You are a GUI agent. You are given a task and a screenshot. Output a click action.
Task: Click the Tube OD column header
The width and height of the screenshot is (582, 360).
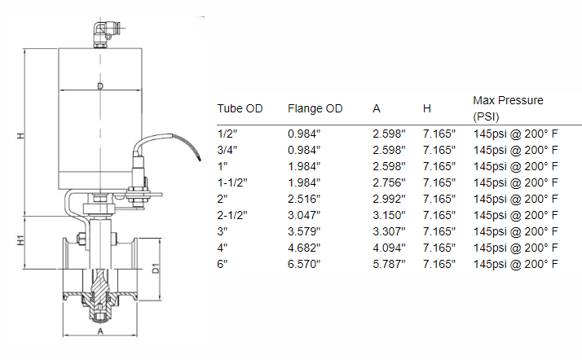tap(240, 108)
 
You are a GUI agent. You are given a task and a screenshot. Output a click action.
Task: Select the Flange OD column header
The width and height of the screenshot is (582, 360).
tap(315, 108)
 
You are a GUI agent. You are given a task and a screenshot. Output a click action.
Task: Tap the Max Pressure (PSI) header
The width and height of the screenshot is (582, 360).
tap(508, 108)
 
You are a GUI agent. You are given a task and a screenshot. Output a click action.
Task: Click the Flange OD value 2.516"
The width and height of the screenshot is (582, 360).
tap(304, 199)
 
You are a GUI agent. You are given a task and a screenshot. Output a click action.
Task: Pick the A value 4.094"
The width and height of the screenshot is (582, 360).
tap(389, 248)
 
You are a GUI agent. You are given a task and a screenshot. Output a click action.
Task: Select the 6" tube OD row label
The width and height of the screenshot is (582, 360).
tap(222, 264)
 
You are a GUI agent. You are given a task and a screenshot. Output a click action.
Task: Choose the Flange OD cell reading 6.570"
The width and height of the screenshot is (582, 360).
tap(304, 264)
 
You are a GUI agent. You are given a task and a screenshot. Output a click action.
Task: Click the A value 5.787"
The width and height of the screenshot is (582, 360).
tap(389, 264)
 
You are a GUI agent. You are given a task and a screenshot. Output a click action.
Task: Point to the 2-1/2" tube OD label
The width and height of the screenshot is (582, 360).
tap(232, 215)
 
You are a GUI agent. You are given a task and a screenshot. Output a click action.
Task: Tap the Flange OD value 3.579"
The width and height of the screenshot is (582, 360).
tap(304, 231)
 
